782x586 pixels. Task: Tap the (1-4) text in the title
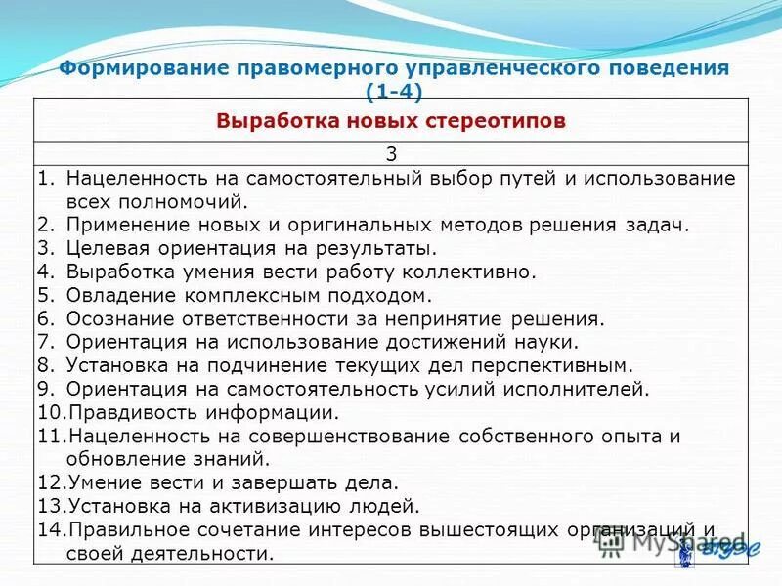393,92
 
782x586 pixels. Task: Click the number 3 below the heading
392,154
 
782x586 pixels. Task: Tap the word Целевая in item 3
106,247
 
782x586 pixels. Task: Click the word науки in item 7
550,342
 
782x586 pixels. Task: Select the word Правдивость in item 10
127,412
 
